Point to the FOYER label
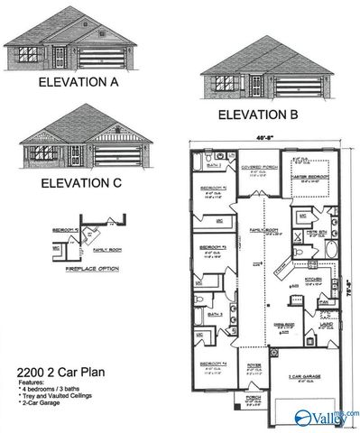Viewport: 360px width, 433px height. pos(254,365)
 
